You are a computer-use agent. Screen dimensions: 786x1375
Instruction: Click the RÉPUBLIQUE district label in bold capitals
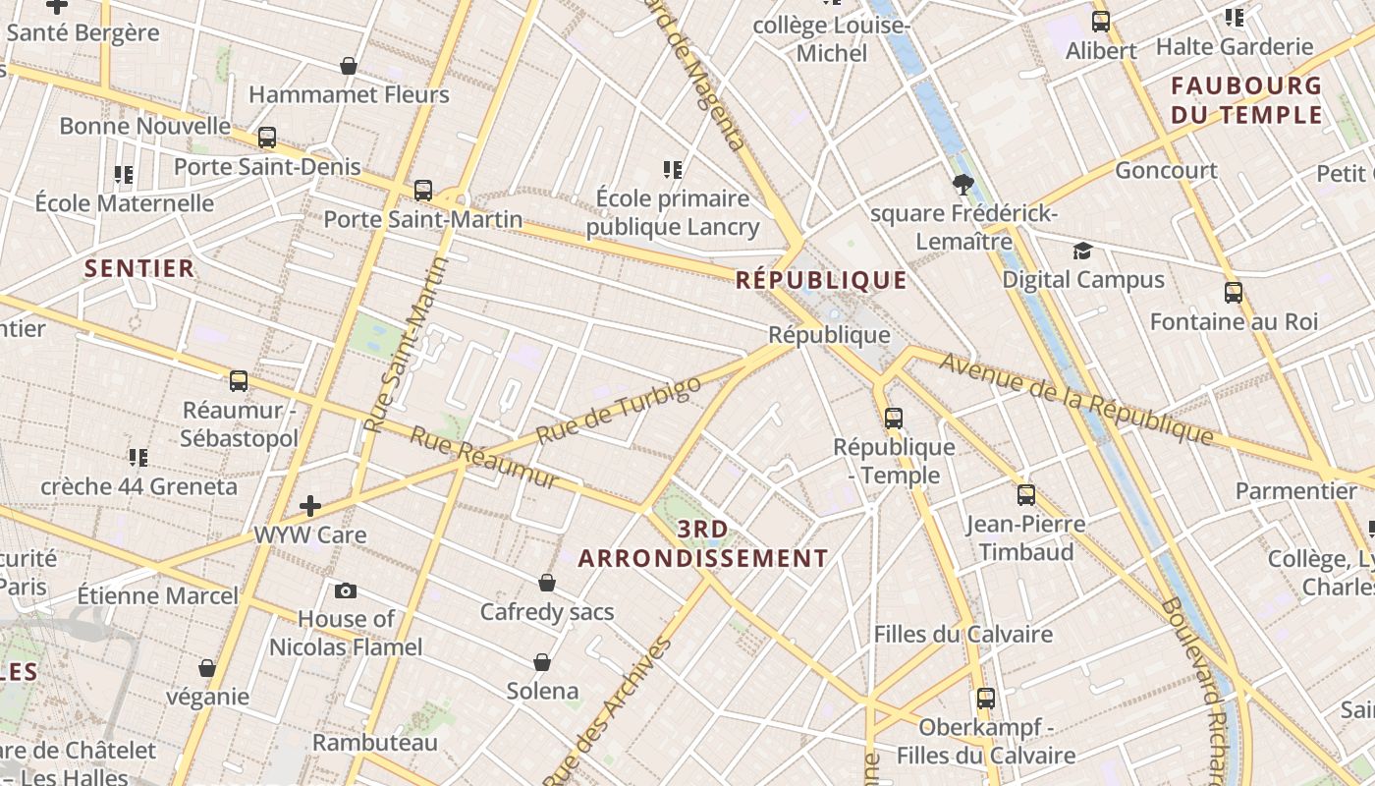click(x=821, y=280)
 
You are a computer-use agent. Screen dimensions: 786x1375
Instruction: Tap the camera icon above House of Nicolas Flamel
click(x=346, y=590)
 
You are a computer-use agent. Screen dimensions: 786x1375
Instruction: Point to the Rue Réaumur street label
click(x=483, y=458)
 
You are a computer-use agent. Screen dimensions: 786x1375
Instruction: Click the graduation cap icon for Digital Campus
click(x=1082, y=252)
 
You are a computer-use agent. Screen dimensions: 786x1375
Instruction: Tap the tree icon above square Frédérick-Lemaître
click(x=962, y=184)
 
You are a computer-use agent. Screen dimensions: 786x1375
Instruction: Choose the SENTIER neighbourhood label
click(x=139, y=268)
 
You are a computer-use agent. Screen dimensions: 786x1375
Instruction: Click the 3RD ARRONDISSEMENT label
click(x=703, y=544)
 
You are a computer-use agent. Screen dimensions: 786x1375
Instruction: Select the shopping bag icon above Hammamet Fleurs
click(x=348, y=66)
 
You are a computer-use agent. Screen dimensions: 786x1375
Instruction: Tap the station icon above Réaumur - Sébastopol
click(x=239, y=381)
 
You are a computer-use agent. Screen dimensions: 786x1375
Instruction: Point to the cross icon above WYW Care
click(x=310, y=506)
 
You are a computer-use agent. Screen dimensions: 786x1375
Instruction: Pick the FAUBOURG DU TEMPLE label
click(x=1246, y=100)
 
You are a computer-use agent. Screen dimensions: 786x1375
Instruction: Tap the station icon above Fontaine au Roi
click(x=1233, y=293)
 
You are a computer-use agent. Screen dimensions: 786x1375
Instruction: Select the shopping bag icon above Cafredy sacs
click(x=547, y=583)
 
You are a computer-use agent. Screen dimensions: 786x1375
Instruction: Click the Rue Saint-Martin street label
click(x=405, y=345)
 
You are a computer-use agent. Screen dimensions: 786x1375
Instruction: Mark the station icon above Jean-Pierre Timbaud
click(x=1026, y=494)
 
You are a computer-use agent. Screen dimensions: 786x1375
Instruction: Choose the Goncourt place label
click(x=1166, y=170)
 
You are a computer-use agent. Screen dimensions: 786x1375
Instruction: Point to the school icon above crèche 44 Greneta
click(x=138, y=458)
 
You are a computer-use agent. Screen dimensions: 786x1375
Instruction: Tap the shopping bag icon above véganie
click(x=207, y=668)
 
